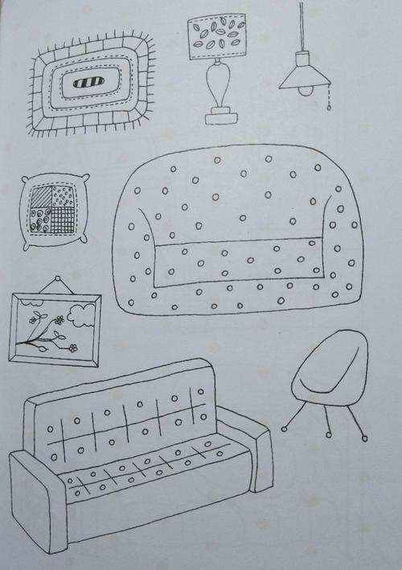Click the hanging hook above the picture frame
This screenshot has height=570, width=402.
coord(58,283)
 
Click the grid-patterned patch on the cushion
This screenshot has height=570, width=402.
coord(62,218)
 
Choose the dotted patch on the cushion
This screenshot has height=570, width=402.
coord(62,196)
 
